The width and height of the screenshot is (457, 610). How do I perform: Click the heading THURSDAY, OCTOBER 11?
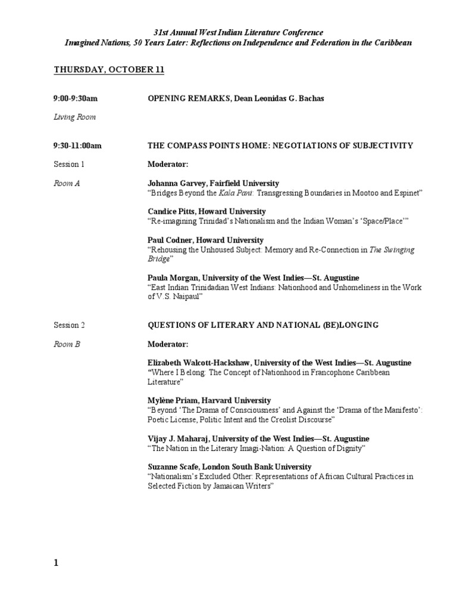(x=109, y=70)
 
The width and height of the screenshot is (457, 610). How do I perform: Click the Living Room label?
(x=74, y=117)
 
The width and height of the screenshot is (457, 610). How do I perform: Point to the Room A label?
(x=67, y=183)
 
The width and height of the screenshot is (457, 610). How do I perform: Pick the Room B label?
(x=67, y=344)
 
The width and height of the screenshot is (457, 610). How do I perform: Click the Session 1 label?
(x=69, y=164)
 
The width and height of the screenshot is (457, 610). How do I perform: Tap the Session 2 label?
(x=69, y=325)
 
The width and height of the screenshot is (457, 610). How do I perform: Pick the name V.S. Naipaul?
(x=180, y=296)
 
